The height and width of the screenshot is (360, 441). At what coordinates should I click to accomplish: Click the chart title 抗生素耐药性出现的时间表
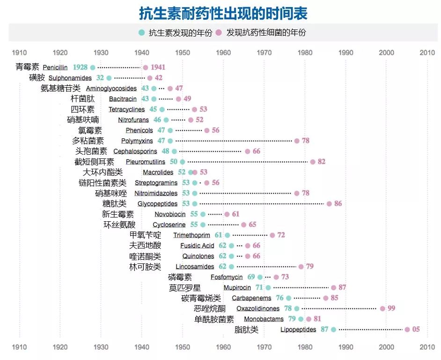click(223, 14)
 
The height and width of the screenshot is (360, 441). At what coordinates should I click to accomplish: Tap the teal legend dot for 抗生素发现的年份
click(141, 33)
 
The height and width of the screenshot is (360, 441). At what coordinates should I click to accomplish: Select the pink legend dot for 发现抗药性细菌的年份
click(219, 33)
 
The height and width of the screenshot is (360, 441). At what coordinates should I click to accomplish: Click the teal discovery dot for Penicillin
click(93, 67)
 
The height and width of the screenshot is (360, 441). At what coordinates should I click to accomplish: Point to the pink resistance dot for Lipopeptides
click(407, 330)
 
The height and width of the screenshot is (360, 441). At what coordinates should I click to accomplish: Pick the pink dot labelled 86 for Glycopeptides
click(329, 204)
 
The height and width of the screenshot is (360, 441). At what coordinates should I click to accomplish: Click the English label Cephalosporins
click(135, 151)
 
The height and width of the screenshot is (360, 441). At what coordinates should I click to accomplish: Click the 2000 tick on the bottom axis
click(386, 347)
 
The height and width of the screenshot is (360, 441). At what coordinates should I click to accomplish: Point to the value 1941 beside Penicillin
click(158, 67)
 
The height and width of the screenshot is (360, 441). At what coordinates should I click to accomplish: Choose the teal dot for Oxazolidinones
click(297, 308)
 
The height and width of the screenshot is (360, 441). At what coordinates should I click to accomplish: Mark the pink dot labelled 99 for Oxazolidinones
click(382, 308)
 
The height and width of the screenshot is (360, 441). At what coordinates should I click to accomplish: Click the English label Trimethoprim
click(191, 235)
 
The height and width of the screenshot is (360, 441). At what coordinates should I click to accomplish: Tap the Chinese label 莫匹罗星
click(185, 288)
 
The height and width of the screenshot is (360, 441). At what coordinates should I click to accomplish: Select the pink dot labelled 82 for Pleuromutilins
click(313, 162)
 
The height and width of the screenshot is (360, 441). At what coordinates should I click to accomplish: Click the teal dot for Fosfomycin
click(260, 277)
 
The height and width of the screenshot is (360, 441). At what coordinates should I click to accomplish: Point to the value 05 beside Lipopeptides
click(416, 330)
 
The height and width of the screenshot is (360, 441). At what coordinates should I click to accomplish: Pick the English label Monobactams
click(264, 319)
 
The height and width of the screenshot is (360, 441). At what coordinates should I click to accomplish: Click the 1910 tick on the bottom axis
click(19, 347)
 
